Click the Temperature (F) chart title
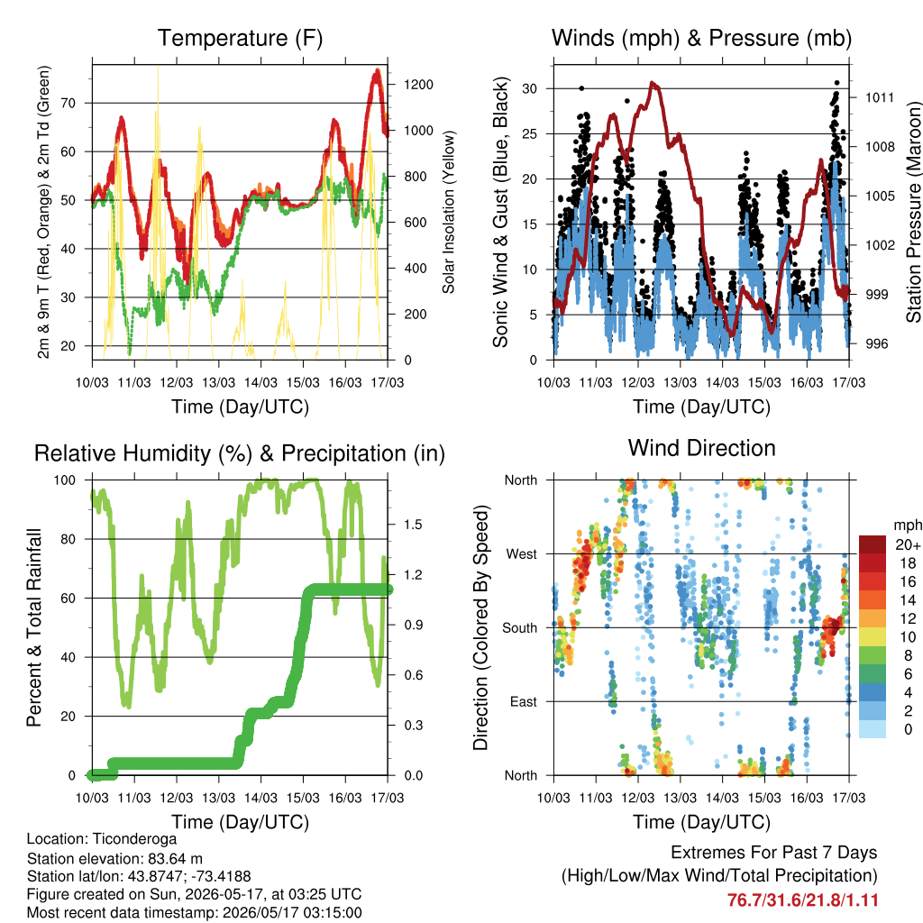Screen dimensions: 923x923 [x=240, y=38]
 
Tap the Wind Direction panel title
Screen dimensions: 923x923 [x=701, y=448]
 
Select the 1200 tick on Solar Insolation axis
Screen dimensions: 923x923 [x=418, y=85]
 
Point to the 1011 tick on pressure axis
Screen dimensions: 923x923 [x=880, y=97]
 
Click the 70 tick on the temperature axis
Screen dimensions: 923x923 [x=69, y=103]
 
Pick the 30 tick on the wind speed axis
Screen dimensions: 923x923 [x=530, y=89]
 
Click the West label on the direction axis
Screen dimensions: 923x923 [x=522, y=554]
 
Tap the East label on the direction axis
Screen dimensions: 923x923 [x=524, y=701]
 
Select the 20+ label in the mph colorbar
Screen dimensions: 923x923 [x=908, y=544]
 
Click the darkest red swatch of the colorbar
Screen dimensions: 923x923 [x=873, y=544]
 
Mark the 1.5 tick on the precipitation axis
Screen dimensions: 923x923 [x=413, y=525]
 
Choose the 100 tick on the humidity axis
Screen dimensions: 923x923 [x=65, y=480]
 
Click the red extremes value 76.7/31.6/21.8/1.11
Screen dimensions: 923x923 [x=803, y=900]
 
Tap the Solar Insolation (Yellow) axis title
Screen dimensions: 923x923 [x=449, y=212]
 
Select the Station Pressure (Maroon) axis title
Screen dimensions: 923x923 [x=913, y=212]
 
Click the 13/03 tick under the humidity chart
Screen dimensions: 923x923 [x=218, y=798]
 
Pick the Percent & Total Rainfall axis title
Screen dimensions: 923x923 [x=34, y=627]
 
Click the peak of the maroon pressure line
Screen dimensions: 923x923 [x=652, y=83]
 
